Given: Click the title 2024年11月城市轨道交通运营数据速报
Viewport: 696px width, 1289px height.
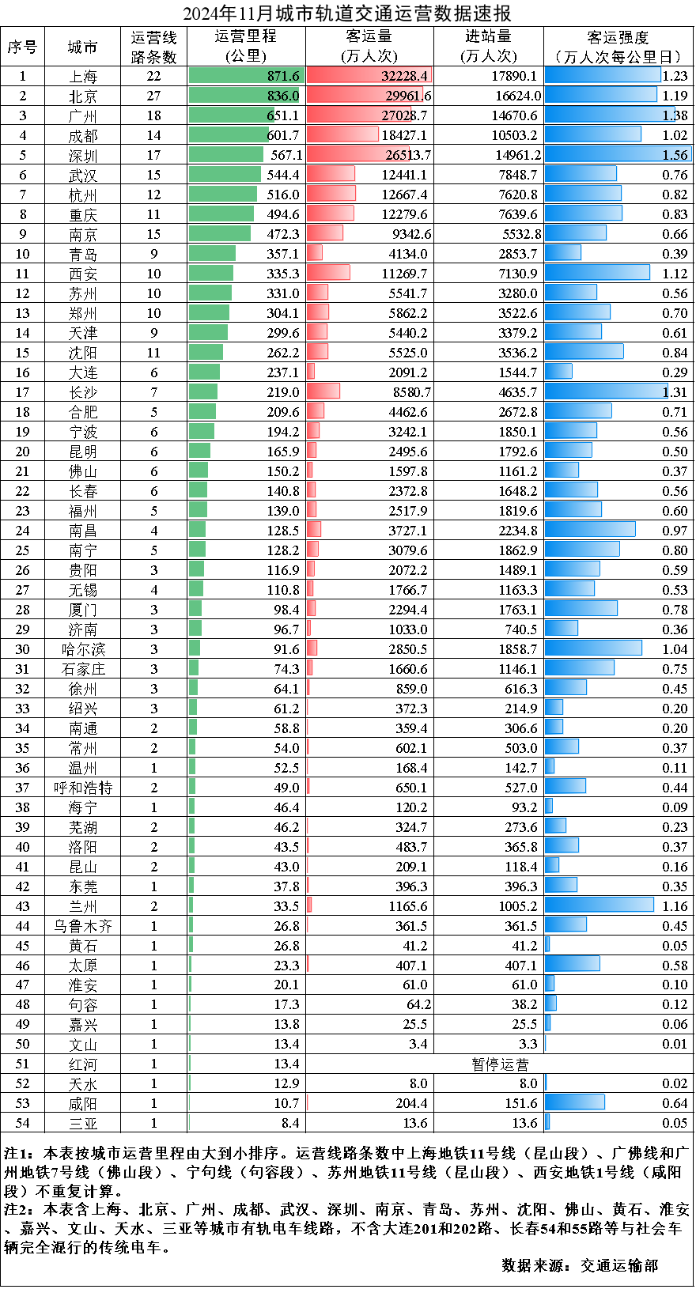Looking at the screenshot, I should [x=347, y=13].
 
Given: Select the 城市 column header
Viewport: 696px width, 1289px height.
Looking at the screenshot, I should [x=82, y=47].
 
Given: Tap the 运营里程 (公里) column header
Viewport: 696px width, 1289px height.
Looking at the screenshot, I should [x=246, y=47].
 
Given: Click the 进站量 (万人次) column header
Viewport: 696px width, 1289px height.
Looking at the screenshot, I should [x=488, y=47].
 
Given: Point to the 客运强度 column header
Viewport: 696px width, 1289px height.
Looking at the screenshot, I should [x=618, y=47].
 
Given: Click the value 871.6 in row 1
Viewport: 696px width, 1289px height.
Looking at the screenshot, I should [x=283, y=76].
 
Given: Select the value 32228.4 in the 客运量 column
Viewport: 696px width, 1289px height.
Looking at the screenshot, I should [x=404, y=76].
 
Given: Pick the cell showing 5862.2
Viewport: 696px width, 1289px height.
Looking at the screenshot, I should [x=407, y=313].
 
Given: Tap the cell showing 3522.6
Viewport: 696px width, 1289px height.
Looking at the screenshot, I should [x=517, y=313].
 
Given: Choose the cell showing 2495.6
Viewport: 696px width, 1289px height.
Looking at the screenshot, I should [x=407, y=452].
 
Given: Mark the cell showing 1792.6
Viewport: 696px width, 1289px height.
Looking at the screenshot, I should [x=517, y=452].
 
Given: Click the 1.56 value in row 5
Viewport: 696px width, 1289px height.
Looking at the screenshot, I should [x=675, y=155].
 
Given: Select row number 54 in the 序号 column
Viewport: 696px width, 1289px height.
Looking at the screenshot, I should [x=22, y=1123].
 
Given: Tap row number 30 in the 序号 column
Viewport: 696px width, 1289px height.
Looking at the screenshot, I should [x=22, y=649].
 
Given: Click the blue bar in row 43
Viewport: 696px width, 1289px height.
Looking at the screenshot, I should [x=599, y=905].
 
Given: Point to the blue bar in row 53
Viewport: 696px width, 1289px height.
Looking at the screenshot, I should [x=574, y=1102].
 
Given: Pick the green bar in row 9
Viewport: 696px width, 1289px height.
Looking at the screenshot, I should [x=219, y=233].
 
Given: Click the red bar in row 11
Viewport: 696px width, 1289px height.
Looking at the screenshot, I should [x=327, y=273].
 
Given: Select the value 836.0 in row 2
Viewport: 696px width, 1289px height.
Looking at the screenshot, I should [x=282, y=96].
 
